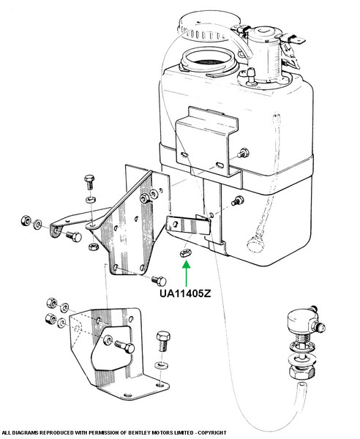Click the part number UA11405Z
click(185, 293)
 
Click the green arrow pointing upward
click(186, 274)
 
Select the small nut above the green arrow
click(185, 253)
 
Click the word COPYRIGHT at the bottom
click(212, 432)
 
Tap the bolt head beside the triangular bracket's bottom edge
click(159, 280)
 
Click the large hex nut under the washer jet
click(301, 371)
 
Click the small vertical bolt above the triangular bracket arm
click(89, 182)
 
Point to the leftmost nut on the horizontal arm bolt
click(26, 221)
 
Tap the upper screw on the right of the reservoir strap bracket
click(244, 154)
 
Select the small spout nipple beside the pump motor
click(251, 75)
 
